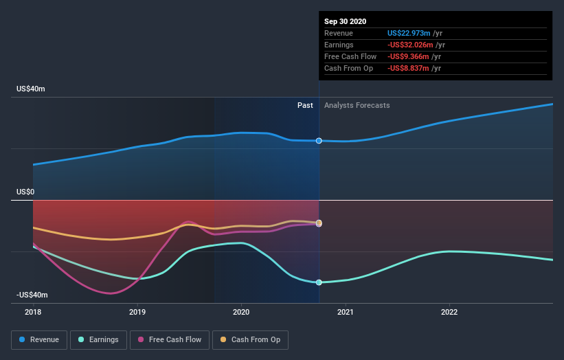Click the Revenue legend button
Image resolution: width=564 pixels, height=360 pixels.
[40, 339]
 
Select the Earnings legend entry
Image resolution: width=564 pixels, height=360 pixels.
[98, 339]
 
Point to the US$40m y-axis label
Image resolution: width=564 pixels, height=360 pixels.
[31, 89]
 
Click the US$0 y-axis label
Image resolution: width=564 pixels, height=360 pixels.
[26, 192]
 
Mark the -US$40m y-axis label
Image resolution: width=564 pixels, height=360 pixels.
[32, 295]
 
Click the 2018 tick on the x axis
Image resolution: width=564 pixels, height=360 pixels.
[33, 311]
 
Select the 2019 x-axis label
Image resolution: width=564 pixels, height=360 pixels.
[137, 311]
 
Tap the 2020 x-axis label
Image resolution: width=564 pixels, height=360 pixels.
[241, 311]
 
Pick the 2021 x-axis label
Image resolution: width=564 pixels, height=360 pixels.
[345, 311]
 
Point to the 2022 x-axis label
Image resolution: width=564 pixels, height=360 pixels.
[449, 311]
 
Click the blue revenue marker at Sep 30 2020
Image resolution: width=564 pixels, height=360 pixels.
[319, 141]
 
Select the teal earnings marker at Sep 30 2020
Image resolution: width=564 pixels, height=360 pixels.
[319, 282]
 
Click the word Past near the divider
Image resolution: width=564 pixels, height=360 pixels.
[305, 106]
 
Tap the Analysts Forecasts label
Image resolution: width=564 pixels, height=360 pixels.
[357, 106]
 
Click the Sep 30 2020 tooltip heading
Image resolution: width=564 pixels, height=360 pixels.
[346, 21]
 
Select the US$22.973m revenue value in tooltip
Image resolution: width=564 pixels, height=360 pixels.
[409, 33]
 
